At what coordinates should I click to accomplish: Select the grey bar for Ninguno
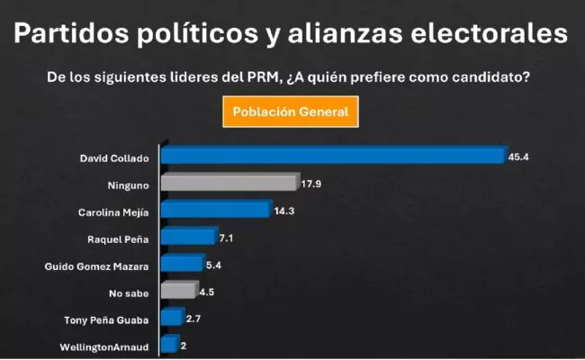(x=229, y=184)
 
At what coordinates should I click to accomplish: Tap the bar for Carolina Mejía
(x=215, y=211)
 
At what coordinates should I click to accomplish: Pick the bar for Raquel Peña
(x=188, y=238)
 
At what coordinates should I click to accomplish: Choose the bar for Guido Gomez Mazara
(x=182, y=265)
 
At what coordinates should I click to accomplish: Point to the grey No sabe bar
(x=178, y=291)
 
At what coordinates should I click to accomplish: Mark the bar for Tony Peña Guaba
(x=171, y=318)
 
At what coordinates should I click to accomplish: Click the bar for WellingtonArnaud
(x=168, y=344)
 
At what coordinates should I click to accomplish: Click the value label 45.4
(x=517, y=157)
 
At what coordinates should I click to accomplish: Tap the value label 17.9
(x=311, y=185)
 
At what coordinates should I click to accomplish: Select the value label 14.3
(x=283, y=212)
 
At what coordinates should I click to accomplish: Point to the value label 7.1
(x=227, y=239)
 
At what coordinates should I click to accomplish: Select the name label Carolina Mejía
(x=113, y=212)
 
